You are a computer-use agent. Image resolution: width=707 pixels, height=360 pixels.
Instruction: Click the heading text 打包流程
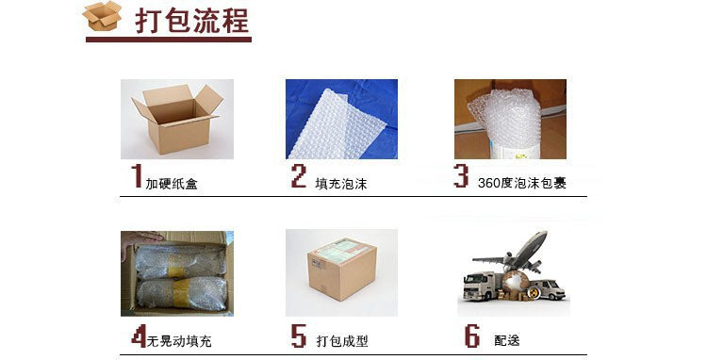click(x=192, y=20)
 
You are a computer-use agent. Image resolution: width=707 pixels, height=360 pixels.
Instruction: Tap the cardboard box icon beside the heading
click(x=103, y=16)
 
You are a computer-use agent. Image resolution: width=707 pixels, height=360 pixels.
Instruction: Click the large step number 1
click(x=137, y=175)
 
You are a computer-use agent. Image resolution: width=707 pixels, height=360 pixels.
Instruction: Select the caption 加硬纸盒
click(x=172, y=184)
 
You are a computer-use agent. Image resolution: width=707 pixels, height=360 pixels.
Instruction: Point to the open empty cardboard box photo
click(x=177, y=119)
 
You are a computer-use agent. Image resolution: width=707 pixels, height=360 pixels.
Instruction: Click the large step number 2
click(x=299, y=175)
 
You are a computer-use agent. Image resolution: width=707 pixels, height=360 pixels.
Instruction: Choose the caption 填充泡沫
click(x=341, y=184)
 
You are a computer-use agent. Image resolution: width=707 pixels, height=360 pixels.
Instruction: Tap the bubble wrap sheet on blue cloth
click(x=337, y=123)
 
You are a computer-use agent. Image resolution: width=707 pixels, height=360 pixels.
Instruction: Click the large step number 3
click(x=461, y=175)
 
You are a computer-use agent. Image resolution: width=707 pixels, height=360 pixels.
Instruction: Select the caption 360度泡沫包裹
click(x=521, y=183)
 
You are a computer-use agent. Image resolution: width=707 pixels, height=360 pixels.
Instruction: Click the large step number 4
click(x=139, y=335)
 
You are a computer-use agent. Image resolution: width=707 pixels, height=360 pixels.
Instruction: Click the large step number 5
click(x=299, y=335)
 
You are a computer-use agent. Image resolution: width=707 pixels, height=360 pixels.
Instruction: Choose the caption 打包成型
click(x=342, y=341)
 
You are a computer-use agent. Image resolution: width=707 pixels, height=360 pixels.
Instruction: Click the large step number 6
click(x=472, y=335)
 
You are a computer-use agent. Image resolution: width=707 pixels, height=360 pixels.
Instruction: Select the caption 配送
click(x=507, y=340)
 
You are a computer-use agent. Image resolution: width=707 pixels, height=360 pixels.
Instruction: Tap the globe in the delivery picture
click(x=516, y=283)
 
